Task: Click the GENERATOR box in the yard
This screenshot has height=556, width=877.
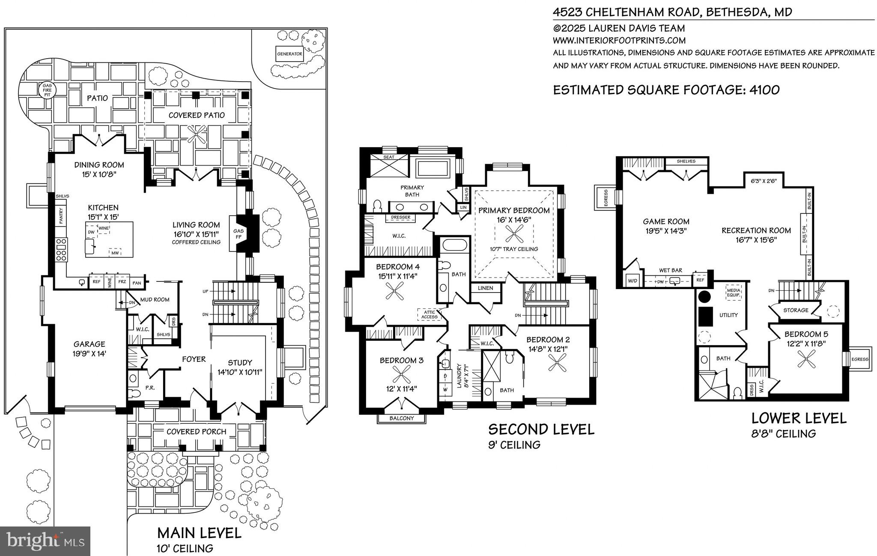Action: (x=289, y=54)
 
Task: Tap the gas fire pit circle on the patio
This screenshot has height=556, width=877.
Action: (x=47, y=90)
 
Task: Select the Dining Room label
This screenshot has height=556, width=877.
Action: (x=99, y=165)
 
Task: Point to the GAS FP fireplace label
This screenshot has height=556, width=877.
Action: (x=238, y=234)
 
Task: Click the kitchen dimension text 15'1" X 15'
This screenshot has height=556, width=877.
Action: (x=103, y=217)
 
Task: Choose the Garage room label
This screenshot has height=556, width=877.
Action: (x=89, y=344)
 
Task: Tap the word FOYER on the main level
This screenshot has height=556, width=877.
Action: (x=194, y=359)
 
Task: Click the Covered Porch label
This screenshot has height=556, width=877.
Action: (x=196, y=432)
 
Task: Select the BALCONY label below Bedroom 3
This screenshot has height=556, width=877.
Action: (x=402, y=418)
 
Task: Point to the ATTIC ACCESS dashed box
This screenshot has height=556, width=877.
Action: (x=429, y=314)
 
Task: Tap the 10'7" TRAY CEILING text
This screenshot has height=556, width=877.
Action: (x=514, y=249)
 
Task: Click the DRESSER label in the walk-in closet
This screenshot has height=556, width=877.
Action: (x=401, y=218)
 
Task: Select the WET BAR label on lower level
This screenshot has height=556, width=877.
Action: (x=671, y=270)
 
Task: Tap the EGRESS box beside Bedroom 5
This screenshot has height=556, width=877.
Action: (x=859, y=359)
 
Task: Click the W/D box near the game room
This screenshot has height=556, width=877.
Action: (x=632, y=281)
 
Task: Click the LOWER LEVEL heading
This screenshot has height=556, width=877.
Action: (x=799, y=418)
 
